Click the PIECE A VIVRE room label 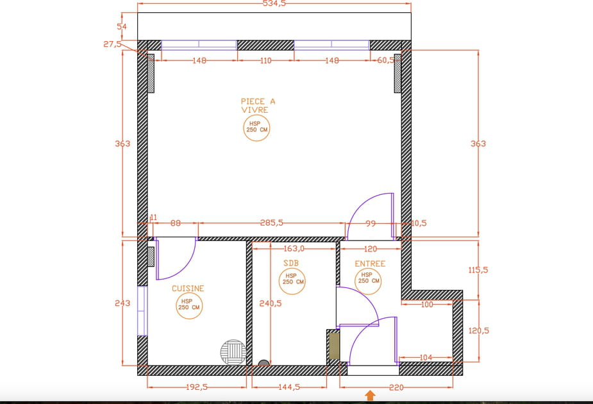pyautogui.click(x=258, y=106)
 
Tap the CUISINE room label pyautogui.click(x=188, y=289)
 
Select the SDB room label pyautogui.click(x=291, y=263)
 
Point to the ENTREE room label pyautogui.click(x=370, y=264)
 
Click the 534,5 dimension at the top pyautogui.click(x=274, y=4)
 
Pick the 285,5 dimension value pyautogui.click(x=272, y=223)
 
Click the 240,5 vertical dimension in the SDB pyautogui.click(x=270, y=303)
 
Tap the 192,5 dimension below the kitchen pyautogui.click(x=197, y=387)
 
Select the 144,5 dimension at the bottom pyautogui.click(x=289, y=387)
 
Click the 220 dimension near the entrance pyautogui.click(x=396, y=387)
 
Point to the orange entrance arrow pyautogui.click(x=371, y=396)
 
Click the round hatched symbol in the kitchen pyautogui.click(x=233, y=352)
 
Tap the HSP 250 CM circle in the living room pyautogui.click(x=256, y=128)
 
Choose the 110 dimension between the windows pyautogui.click(x=265, y=60)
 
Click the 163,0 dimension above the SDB pyautogui.click(x=294, y=249)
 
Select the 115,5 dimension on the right pyautogui.click(x=478, y=270)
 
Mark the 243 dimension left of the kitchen pyautogui.click(x=122, y=303)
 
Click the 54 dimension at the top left pyautogui.click(x=122, y=26)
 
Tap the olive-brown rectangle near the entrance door pyautogui.click(x=334, y=344)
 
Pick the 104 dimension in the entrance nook pyautogui.click(x=426, y=357)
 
